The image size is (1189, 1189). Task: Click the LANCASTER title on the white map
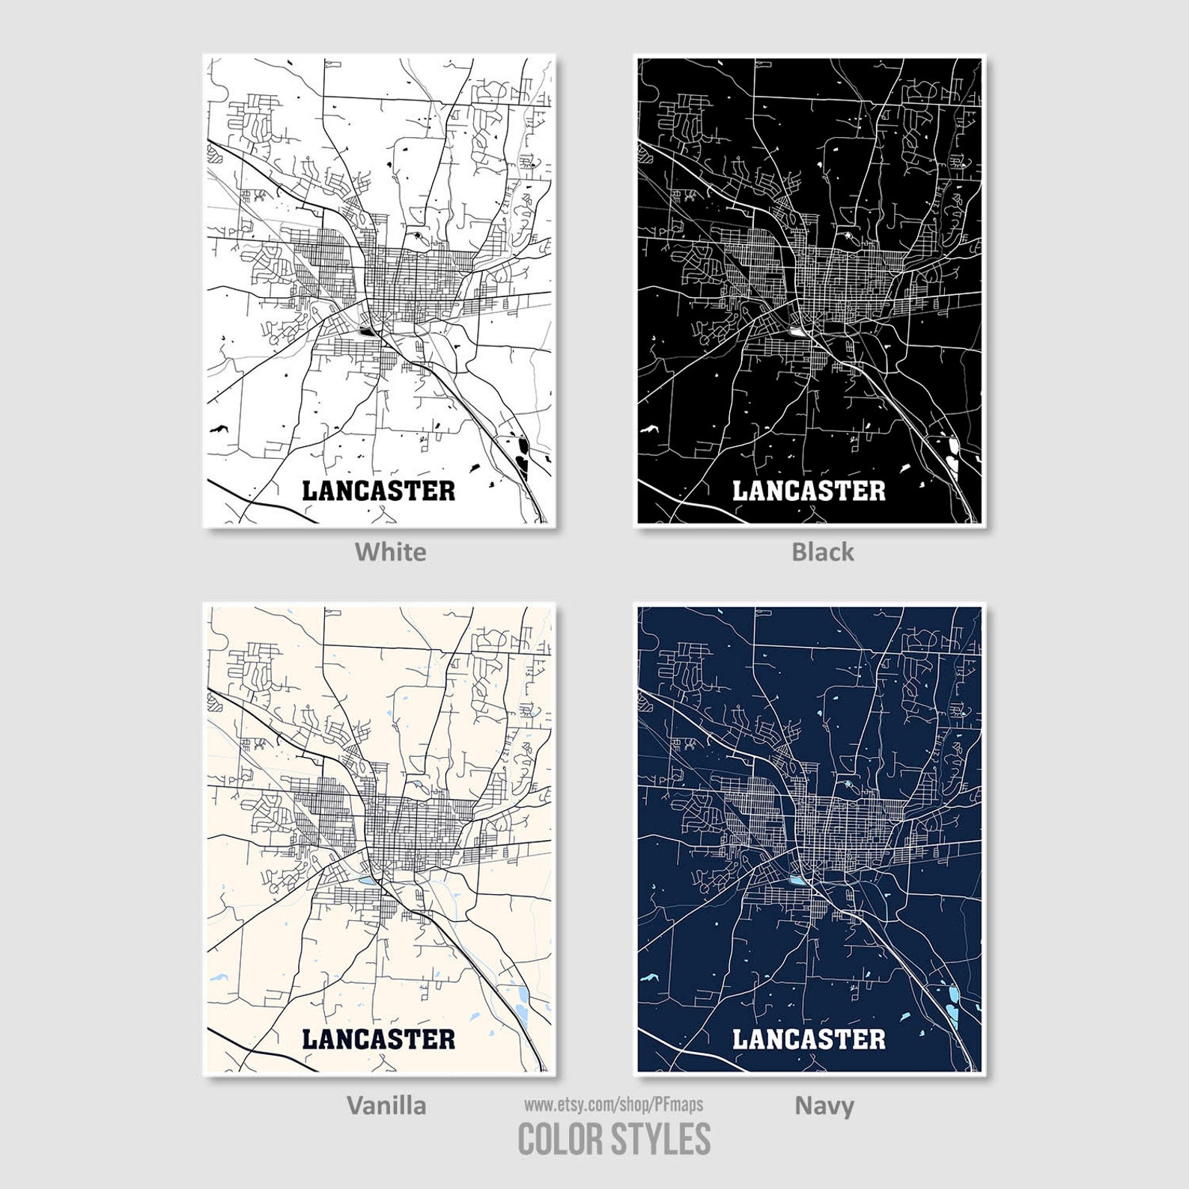[x=378, y=491]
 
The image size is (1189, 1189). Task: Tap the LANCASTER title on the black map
[x=809, y=491]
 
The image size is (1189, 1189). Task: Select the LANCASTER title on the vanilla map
[x=378, y=1039]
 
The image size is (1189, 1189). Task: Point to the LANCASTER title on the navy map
[x=809, y=1039]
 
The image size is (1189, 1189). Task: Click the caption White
[x=390, y=552]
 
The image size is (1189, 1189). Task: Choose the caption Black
[x=822, y=552]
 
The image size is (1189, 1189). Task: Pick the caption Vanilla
[x=386, y=1105]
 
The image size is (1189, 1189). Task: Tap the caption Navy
[x=824, y=1105]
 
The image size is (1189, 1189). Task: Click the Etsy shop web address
[x=613, y=1104]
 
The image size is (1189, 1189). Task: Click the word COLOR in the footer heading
[x=559, y=1140]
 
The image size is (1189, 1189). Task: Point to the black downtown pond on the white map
[x=366, y=330]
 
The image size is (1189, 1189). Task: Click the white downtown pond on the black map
[x=796, y=330]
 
